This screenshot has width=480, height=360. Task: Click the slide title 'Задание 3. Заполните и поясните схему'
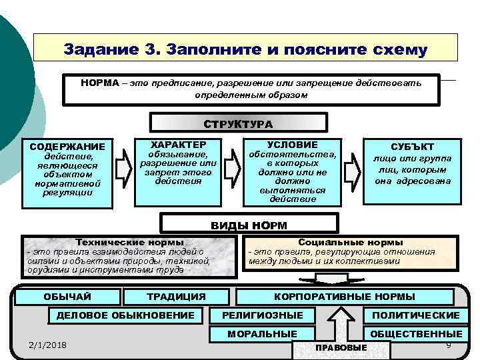245,49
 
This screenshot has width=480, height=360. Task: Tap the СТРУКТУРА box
239,123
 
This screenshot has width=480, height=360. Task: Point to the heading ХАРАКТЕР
178,145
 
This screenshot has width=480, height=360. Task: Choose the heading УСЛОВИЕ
292,145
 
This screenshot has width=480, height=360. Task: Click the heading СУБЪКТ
412,147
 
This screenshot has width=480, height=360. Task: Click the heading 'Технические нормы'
130,243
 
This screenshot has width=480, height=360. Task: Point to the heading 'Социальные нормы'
351,243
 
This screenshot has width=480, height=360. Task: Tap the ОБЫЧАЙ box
67,296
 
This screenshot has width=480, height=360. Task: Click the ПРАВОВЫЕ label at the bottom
341,348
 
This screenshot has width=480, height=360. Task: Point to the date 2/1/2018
49,344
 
